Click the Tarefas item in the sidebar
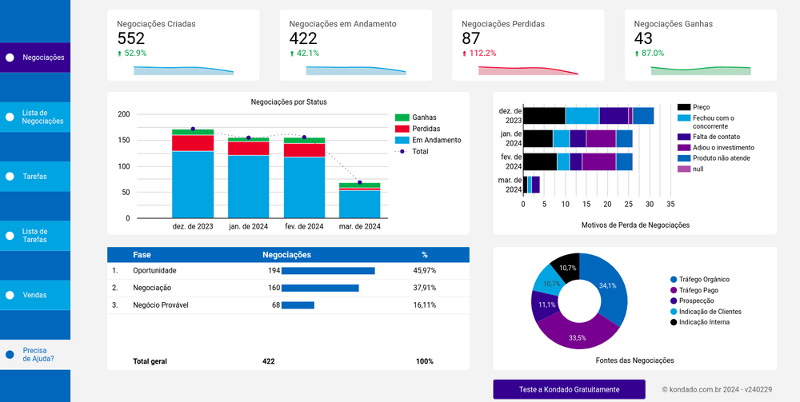[34, 176]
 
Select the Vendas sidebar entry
[34, 295]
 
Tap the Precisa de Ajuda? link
[38, 354]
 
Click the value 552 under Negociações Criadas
[130, 38]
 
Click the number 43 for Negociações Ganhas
[643, 38]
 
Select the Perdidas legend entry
[425, 129]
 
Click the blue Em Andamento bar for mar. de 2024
[359, 204]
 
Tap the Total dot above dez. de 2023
[193, 129]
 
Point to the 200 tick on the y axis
[123, 114]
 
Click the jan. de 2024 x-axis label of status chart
[248, 227]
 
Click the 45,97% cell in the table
[424, 271]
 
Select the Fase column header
[142, 255]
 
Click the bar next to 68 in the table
[298, 305]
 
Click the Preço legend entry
[701, 107]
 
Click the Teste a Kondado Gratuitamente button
[569, 389]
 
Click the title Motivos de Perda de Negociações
[635, 225]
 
